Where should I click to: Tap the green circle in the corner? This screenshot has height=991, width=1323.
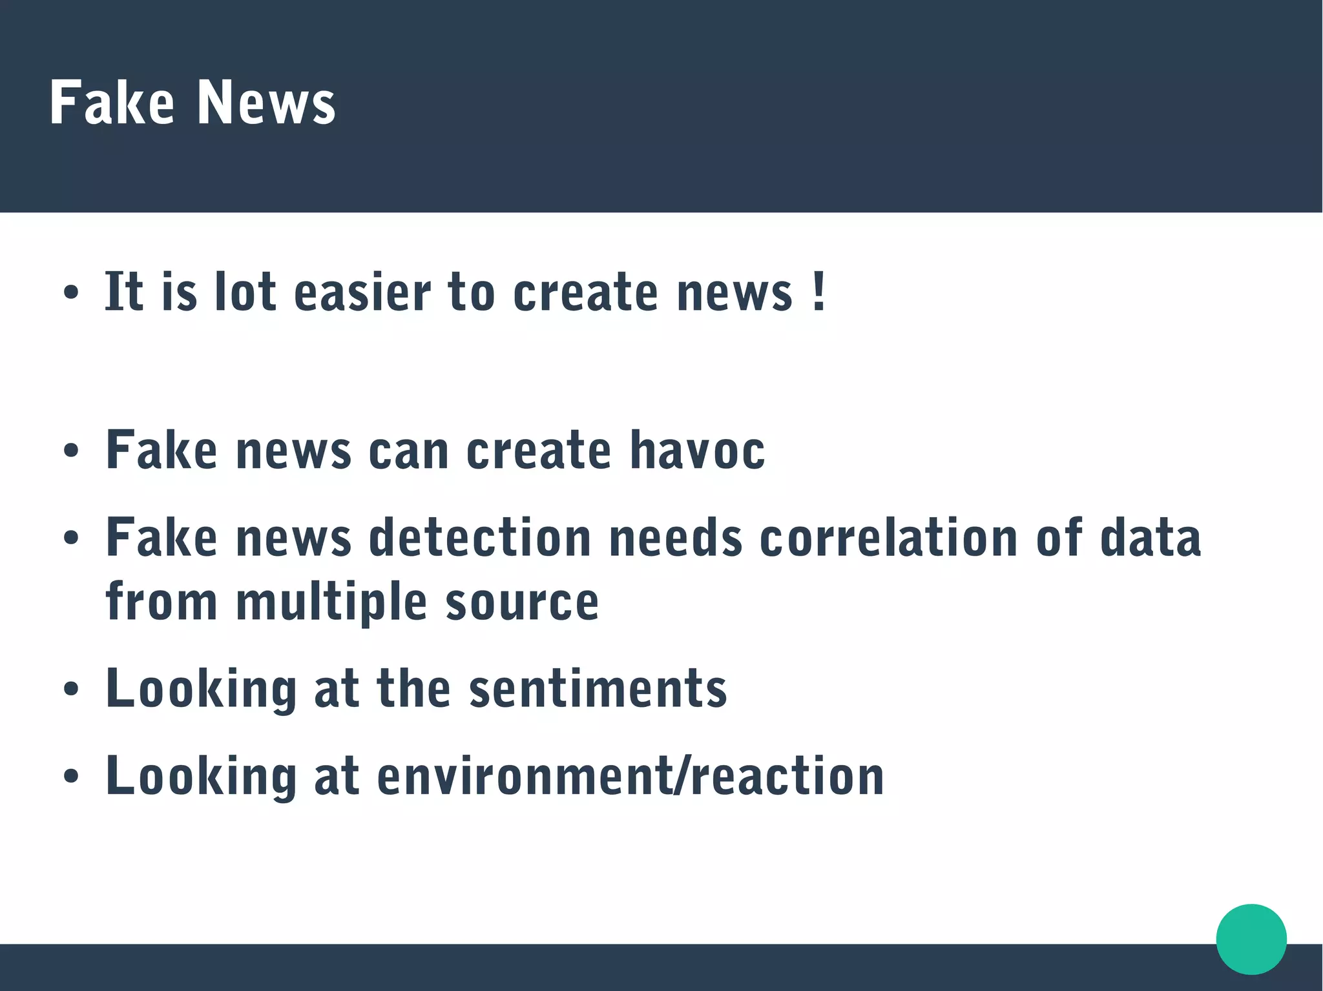(x=1251, y=939)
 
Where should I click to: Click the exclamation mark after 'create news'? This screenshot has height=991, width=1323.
(x=818, y=292)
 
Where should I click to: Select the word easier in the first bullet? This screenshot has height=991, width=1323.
(x=362, y=292)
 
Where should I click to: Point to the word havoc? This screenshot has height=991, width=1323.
(x=697, y=449)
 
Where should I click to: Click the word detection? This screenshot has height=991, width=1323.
(x=480, y=537)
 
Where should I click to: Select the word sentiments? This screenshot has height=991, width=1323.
(x=598, y=688)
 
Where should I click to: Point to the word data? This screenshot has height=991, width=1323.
(x=1150, y=537)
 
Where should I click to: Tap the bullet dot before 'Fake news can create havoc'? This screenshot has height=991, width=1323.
(x=71, y=451)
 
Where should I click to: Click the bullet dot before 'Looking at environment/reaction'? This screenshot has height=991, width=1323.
(x=71, y=777)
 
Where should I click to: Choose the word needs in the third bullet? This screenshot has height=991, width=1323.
(x=675, y=537)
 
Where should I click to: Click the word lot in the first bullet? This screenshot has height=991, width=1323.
(x=245, y=292)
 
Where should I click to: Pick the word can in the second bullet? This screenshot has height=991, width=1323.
(x=408, y=449)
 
